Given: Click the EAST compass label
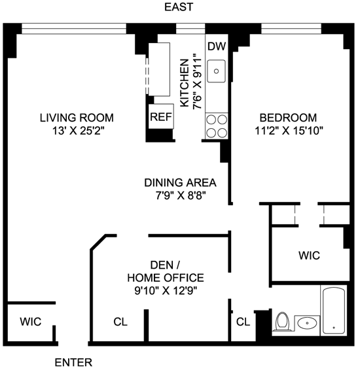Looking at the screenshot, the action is click(179, 7).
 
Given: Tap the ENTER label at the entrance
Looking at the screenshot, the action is click(73, 362).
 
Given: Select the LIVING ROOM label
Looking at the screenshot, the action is click(77, 118).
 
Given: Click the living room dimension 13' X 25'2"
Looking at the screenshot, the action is click(78, 131).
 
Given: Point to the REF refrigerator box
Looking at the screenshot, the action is click(161, 116).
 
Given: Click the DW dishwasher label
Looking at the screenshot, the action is click(217, 46).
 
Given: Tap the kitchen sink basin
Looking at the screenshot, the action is click(217, 71).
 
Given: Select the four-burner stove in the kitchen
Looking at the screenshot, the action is click(217, 126).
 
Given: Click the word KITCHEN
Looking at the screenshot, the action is click(185, 83).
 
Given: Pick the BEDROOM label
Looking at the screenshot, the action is click(288, 118).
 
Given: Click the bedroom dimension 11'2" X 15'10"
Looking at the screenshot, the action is click(289, 131).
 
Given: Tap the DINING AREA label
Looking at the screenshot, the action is click(180, 182).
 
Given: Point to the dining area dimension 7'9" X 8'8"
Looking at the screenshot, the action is click(181, 195).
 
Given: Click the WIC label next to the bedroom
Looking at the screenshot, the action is click(309, 256).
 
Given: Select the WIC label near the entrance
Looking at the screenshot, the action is click(31, 322).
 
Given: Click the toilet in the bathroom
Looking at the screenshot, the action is click(283, 321).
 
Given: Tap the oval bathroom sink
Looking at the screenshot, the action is click(307, 323).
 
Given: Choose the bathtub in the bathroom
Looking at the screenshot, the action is click(334, 311).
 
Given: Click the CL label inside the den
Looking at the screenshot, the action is click(120, 322).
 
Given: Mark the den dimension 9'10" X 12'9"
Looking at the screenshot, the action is click(166, 291).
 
